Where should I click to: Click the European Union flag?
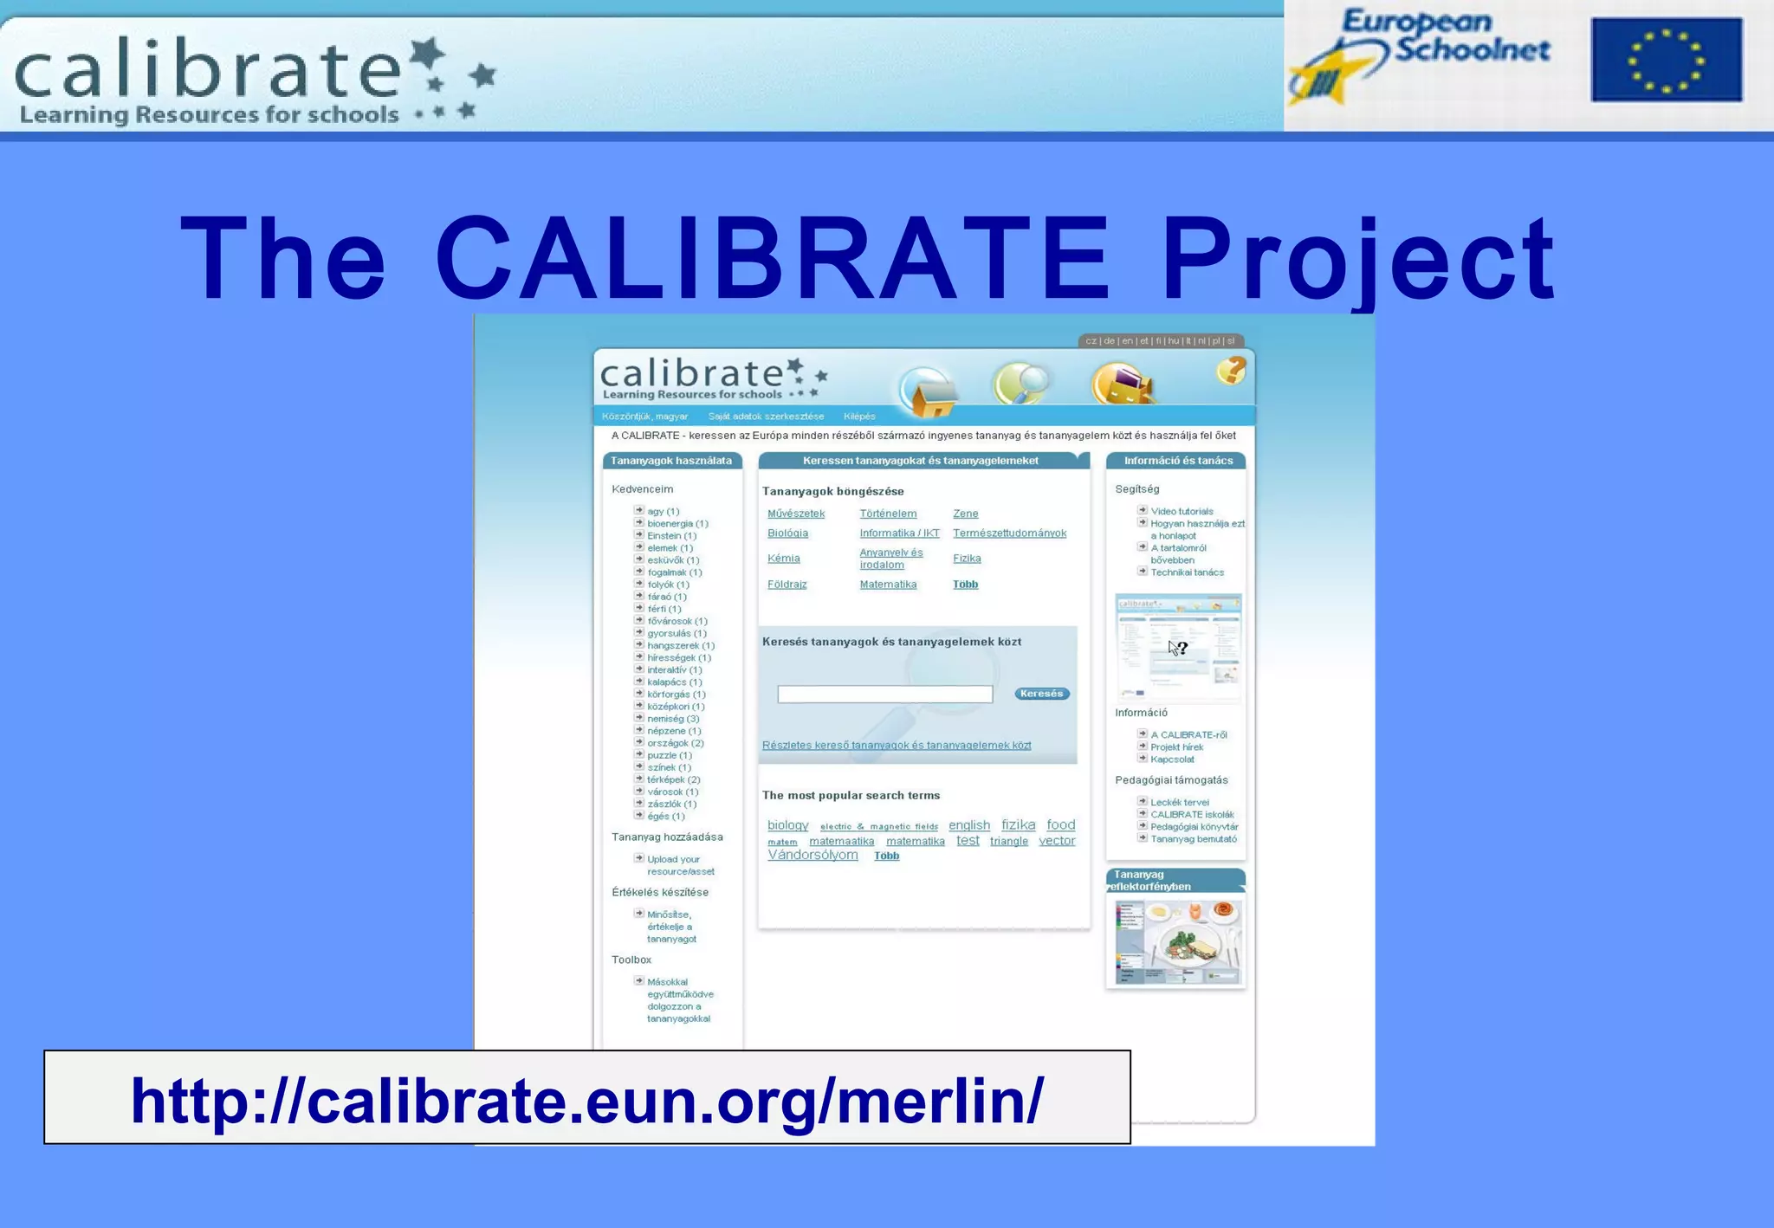tap(1666, 60)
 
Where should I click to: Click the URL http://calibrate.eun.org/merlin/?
tap(587, 1100)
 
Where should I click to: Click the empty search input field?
tap(884, 694)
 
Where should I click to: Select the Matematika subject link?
tap(888, 585)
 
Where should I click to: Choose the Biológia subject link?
tap(787, 533)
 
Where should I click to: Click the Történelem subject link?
tap(888, 514)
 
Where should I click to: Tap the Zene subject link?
tap(965, 514)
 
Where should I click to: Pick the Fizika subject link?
tap(967, 559)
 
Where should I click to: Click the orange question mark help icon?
tap(1230, 371)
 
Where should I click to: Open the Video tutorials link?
tap(1182, 512)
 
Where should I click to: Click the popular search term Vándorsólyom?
tap(813, 855)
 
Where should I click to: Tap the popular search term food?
tap(1060, 825)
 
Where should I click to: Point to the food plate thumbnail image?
tap(1176, 942)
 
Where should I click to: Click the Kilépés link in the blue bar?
tap(859, 417)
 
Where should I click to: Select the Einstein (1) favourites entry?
tap(671, 536)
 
